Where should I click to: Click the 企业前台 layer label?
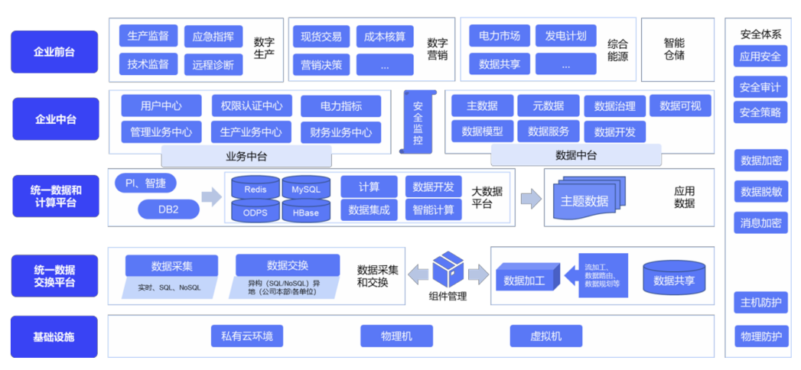tap(54, 52)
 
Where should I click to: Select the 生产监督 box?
tap(148, 36)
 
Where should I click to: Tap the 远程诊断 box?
tap(213, 64)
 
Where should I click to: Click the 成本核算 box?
tap(385, 36)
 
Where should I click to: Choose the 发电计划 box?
tap(566, 36)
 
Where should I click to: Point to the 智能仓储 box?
tap(674, 50)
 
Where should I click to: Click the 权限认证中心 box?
tap(252, 105)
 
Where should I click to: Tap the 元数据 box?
tap(548, 105)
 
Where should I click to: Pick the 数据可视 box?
tap(679, 105)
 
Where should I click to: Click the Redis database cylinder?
tap(256, 188)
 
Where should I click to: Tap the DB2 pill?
tap(168, 209)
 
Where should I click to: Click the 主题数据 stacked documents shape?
tap(585, 199)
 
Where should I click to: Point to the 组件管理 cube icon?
tap(448, 270)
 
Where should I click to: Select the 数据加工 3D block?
tap(525, 280)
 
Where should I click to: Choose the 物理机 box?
tap(396, 336)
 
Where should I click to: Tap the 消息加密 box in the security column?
tap(760, 222)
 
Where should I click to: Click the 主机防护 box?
tap(760, 303)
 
